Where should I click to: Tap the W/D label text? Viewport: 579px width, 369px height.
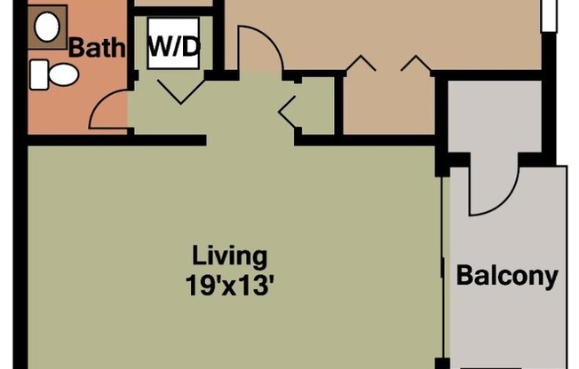[173, 47]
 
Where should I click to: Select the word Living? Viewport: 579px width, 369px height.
[229, 257]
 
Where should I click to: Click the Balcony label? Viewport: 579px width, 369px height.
[507, 276]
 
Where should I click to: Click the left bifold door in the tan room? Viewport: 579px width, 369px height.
[361, 64]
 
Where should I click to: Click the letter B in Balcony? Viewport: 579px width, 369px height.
[464, 276]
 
